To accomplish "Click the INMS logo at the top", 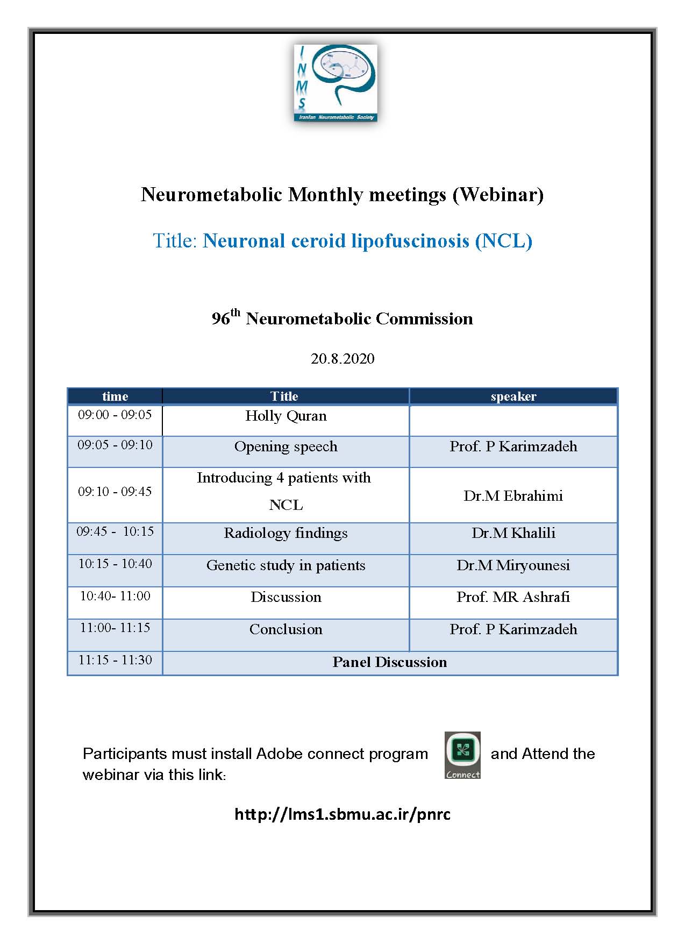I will point(336,83).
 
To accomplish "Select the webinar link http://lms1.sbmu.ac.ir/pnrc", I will point(342,814).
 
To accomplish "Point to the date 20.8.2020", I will point(342,359).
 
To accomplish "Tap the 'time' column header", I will point(115,396).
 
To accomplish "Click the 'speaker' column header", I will point(513,396).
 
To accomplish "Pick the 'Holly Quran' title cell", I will point(286,416).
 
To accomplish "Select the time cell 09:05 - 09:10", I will point(115,445).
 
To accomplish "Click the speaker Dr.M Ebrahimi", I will point(513,495).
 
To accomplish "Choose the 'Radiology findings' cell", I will point(286,533).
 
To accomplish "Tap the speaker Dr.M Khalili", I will point(513,533).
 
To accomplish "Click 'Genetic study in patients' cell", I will point(286,565).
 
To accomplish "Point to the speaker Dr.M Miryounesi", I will point(513,565).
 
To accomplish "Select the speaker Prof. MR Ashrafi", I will point(513,597).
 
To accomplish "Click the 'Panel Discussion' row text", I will point(389,662).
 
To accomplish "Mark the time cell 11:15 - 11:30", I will point(115,660).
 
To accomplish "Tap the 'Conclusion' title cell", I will point(286,629).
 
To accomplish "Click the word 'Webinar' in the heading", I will point(498,194).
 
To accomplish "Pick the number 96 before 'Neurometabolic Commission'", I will point(220,319).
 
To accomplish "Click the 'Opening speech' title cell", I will point(286,446).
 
